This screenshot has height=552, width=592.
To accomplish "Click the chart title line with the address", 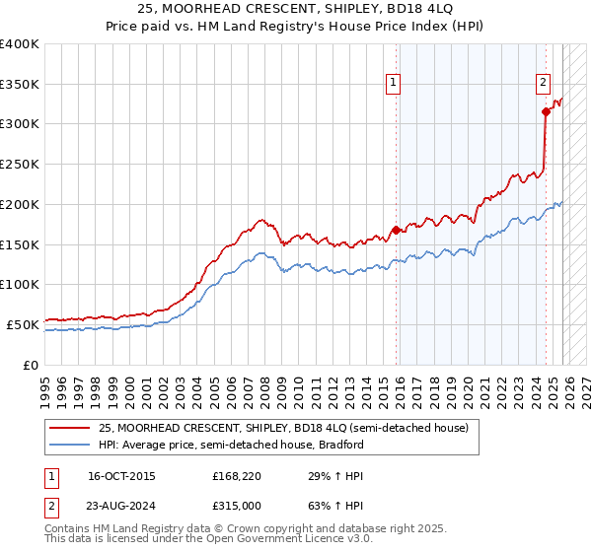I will coord(296,9).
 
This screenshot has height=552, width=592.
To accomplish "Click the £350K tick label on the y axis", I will coord(20,85).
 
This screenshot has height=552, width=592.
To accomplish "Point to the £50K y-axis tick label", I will coord(23,324).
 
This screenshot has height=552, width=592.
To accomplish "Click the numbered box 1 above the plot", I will coord(394,84).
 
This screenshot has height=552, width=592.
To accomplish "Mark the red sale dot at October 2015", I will coord(397,230).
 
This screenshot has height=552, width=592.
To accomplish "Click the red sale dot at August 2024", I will coord(546,112).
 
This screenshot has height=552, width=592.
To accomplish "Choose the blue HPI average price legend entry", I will coord(231,445).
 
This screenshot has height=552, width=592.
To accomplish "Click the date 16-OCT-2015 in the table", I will coord(121,476).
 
